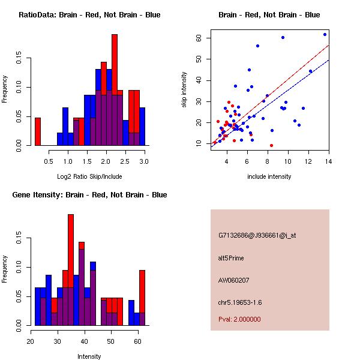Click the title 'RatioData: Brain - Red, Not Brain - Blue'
[x=89, y=15]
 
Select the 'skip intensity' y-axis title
[x=185, y=90]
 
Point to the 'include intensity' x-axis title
[x=269, y=176]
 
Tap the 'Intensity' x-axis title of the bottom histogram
[x=89, y=356]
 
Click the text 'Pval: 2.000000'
[x=239, y=319]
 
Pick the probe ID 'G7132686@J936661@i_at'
[x=257, y=235]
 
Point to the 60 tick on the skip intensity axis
[x=197, y=38]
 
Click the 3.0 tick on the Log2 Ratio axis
[x=145, y=161]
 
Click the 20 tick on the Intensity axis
[x=31, y=341]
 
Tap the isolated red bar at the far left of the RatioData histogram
[x=38, y=131]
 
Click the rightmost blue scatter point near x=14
[x=325, y=34]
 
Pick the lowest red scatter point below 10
[x=271, y=145]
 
